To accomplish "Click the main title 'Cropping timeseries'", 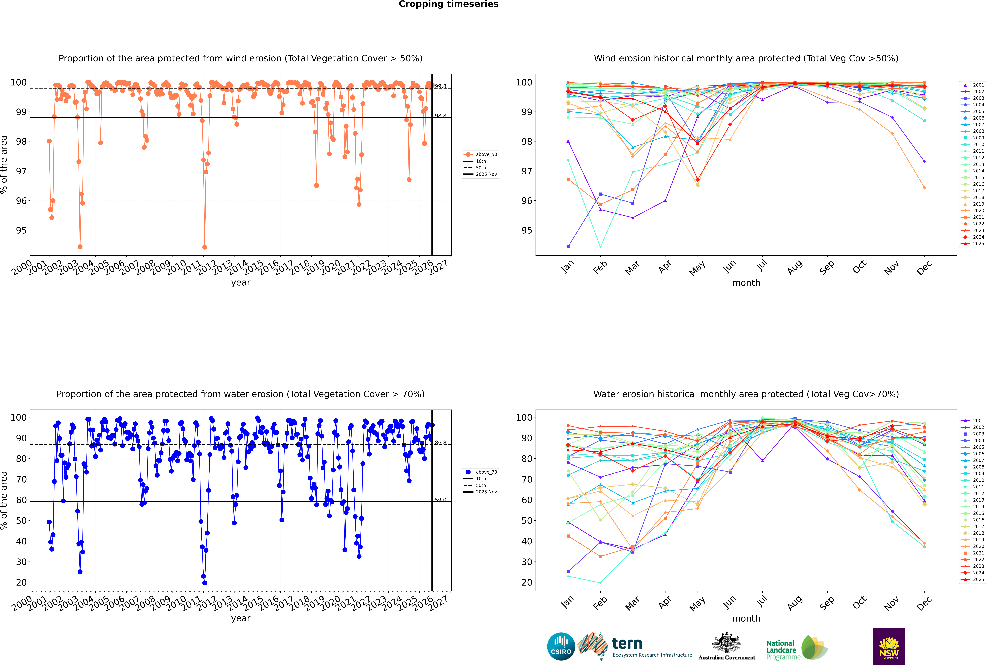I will (x=448, y=4).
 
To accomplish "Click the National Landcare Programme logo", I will (x=796, y=649).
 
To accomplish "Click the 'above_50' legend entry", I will (x=486, y=154).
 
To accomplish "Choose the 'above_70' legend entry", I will (x=486, y=472).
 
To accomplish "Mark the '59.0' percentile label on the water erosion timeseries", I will (x=440, y=500).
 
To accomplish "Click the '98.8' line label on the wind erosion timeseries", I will (x=440, y=116).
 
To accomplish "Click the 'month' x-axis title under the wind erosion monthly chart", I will (x=746, y=283).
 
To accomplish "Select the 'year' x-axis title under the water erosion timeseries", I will (x=240, y=618).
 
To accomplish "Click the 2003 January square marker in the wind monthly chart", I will (x=568, y=246).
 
